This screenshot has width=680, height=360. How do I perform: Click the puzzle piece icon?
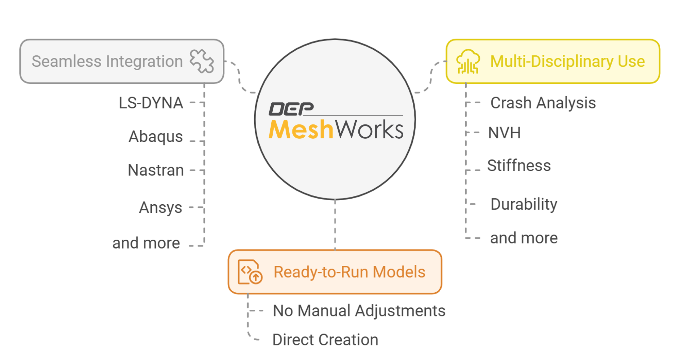coord(202,61)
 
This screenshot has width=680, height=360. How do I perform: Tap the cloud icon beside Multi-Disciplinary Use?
coord(468,62)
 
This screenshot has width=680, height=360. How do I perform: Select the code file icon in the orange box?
coord(250,272)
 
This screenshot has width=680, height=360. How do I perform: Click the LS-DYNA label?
coord(151,103)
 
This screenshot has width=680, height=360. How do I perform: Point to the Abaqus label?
coord(156,137)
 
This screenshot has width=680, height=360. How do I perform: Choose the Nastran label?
coord(156,170)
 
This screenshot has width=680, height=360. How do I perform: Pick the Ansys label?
coord(160,207)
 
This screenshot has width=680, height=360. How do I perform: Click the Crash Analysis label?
coord(543,103)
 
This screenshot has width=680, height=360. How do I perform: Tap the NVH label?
coord(504,133)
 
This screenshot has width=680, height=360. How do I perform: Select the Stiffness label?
coord(519,166)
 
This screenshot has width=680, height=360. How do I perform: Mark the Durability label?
coord(524,204)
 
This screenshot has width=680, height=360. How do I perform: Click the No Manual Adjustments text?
coord(359,311)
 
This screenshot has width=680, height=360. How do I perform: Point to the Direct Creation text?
coord(325,340)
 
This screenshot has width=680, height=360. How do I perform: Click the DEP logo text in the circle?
coord(291,109)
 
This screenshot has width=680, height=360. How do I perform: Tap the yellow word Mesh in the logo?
coord(301,130)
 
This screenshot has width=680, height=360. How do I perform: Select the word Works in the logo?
coord(370,130)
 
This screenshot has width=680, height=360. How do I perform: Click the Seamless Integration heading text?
coord(107,62)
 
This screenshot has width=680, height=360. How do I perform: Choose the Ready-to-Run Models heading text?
coord(350,272)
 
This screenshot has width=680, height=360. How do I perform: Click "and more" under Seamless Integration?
coord(146,243)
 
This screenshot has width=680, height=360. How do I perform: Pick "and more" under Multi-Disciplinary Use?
coord(524,238)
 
